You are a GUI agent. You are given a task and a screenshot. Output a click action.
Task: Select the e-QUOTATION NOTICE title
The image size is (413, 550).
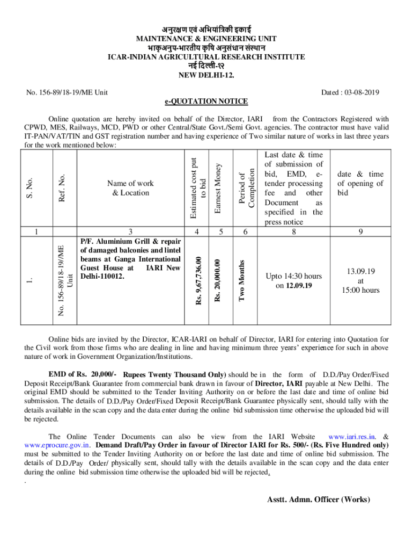click(206, 101)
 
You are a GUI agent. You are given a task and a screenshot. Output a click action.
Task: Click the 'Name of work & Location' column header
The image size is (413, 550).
click(130, 187)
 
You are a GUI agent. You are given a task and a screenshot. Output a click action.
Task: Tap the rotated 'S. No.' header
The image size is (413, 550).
click(31, 188)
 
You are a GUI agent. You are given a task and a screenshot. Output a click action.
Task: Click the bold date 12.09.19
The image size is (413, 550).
click(298, 286)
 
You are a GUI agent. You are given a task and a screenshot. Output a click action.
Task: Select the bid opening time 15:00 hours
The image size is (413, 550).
click(360, 291)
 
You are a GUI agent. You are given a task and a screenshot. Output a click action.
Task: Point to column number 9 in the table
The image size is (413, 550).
click(360, 232)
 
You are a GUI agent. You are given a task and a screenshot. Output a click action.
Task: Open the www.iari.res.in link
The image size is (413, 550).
click(351, 437)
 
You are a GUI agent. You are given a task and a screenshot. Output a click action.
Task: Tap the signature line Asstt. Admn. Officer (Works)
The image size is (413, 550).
click(319, 500)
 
